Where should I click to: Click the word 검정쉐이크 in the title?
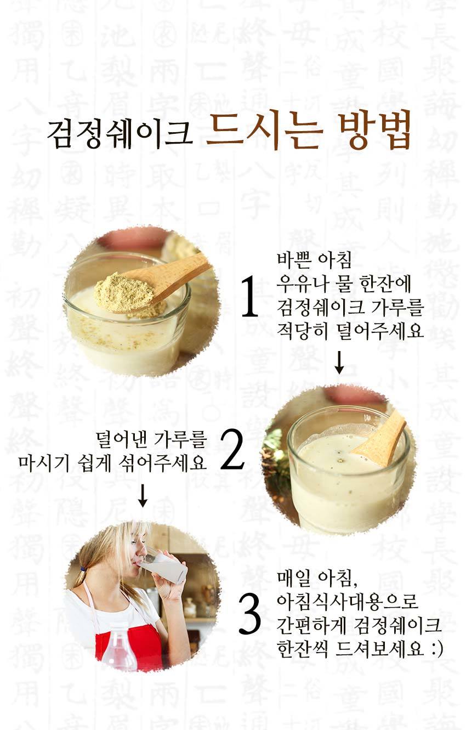(x=120, y=133)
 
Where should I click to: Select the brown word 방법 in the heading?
(x=374, y=131)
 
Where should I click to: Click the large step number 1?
(x=250, y=296)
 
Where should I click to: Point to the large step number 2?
(x=232, y=449)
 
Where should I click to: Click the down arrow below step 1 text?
(x=339, y=363)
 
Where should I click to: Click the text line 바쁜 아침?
(x=314, y=261)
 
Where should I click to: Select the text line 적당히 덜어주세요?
(x=350, y=331)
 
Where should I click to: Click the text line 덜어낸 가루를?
(x=151, y=439)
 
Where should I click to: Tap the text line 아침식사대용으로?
(x=347, y=600)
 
